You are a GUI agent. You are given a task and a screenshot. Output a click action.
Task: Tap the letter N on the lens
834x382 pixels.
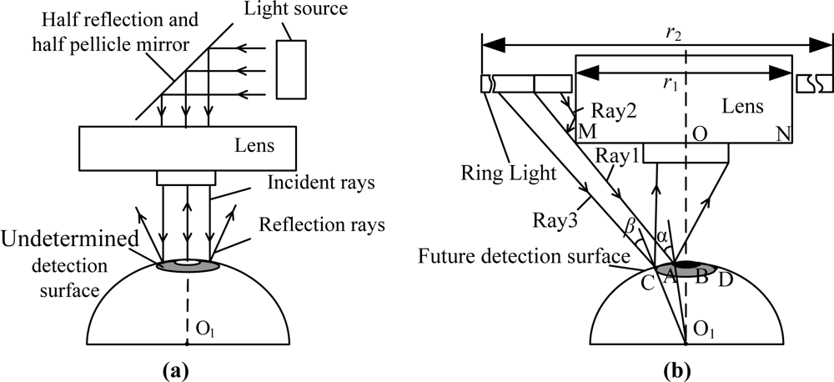click(x=783, y=132)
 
